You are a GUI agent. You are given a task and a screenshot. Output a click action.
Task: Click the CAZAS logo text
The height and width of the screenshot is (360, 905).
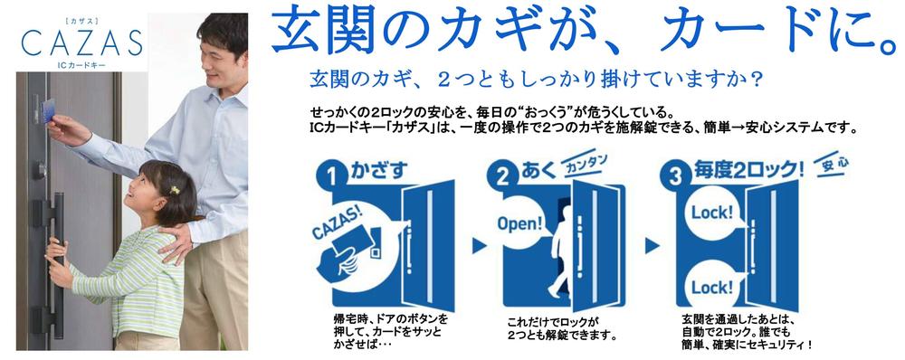[x=81, y=43]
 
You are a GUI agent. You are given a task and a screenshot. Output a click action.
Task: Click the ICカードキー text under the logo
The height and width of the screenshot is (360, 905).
[x=81, y=67]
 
